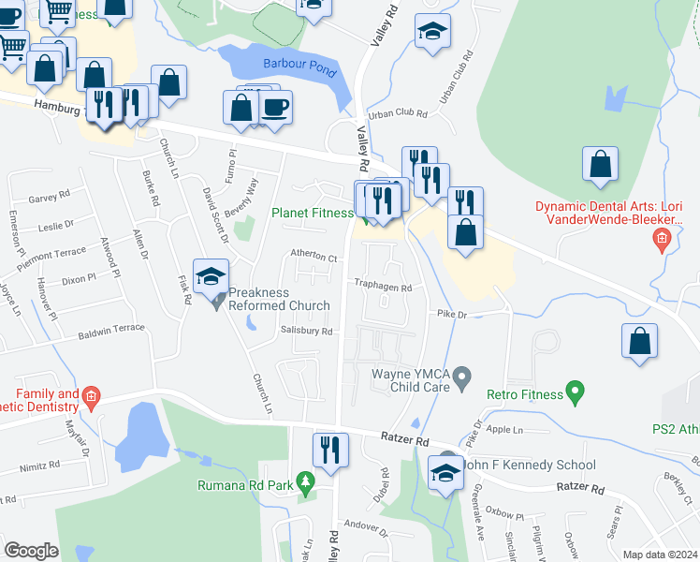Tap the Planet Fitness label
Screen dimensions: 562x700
[312, 213]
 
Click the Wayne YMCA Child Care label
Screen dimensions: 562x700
[413, 379]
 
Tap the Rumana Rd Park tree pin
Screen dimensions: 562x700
[304, 484]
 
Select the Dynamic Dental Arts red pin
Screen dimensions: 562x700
[662, 241]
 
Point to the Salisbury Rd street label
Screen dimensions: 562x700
[306, 331]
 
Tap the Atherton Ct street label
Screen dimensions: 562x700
[313, 255]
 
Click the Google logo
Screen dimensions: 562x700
[31, 550]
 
